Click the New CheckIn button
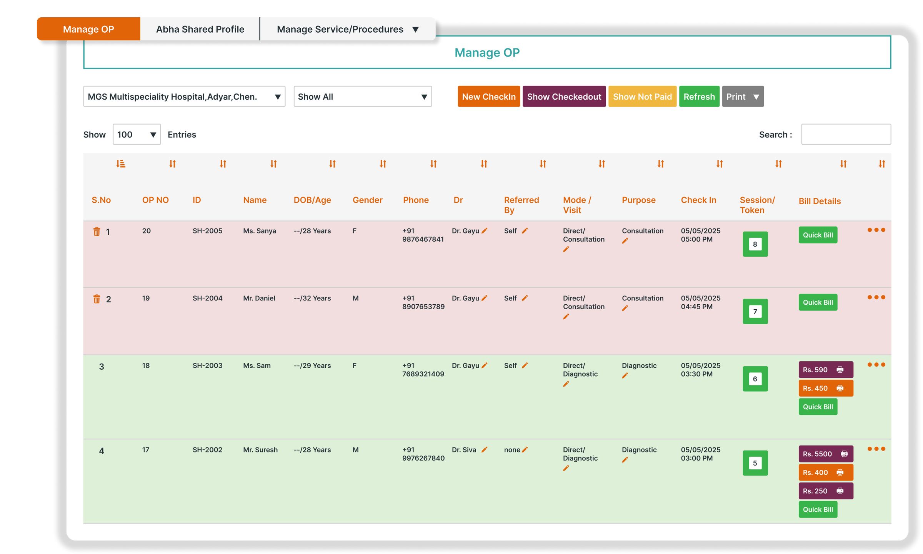point(488,97)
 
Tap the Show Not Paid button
point(642,97)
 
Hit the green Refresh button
point(699,97)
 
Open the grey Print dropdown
point(742,97)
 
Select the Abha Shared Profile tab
point(200,29)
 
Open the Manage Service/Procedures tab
point(347,29)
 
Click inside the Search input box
point(846,134)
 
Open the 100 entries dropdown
point(137,134)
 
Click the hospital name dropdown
point(184,97)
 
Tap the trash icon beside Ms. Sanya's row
point(97,232)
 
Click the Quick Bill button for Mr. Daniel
point(818,302)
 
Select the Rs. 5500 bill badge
point(825,454)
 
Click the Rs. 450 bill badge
point(825,388)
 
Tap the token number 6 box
point(755,379)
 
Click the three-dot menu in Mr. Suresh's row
point(876,449)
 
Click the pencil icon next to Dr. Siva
point(485,449)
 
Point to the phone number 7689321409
point(423,374)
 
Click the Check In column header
point(698,200)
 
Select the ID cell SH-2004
point(207,298)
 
